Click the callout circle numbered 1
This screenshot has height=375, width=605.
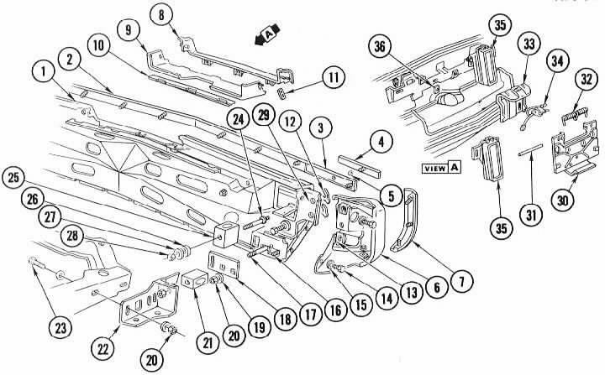(x=44, y=72)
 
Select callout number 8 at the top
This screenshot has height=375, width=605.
(x=161, y=16)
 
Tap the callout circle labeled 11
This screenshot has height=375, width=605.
(x=334, y=78)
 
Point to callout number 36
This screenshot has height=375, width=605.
(x=380, y=47)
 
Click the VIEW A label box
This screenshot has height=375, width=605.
(x=441, y=168)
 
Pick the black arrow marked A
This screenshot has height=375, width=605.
(x=267, y=35)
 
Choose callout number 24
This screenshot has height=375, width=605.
(x=239, y=120)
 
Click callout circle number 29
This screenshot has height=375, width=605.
(x=264, y=116)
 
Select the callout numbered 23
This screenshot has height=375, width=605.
(x=60, y=328)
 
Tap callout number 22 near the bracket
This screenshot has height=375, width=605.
(x=103, y=349)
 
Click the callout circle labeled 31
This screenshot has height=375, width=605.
(x=531, y=215)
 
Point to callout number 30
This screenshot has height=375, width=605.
(x=563, y=201)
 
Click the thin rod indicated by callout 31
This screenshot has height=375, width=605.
(x=530, y=149)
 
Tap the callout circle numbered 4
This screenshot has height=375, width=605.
(x=381, y=143)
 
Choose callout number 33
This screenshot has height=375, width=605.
(x=529, y=44)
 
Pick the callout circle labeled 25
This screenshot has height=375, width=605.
(x=13, y=179)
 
